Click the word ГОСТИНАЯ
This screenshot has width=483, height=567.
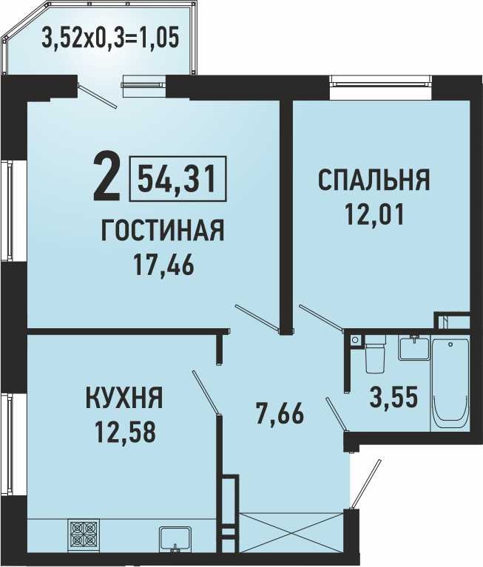click(x=163, y=230)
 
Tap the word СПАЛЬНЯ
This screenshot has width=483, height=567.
click(x=374, y=180)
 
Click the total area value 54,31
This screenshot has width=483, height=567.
click(x=178, y=179)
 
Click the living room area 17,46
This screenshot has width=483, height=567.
click(x=163, y=265)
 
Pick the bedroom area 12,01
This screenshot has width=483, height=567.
click(x=374, y=214)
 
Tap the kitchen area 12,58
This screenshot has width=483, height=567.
click(x=125, y=432)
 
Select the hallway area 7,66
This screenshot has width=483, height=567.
click(x=279, y=415)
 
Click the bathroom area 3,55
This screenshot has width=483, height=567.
click(x=394, y=397)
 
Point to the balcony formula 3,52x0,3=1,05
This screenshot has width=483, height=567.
click(x=110, y=38)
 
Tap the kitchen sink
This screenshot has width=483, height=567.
click(x=175, y=540)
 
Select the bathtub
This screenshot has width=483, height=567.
click(x=450, y=384)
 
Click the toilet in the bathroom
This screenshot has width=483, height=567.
click(x=375, y=354)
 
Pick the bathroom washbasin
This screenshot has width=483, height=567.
click(x=414, y=347)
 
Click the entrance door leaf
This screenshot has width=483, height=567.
click(x=366, y=484)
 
